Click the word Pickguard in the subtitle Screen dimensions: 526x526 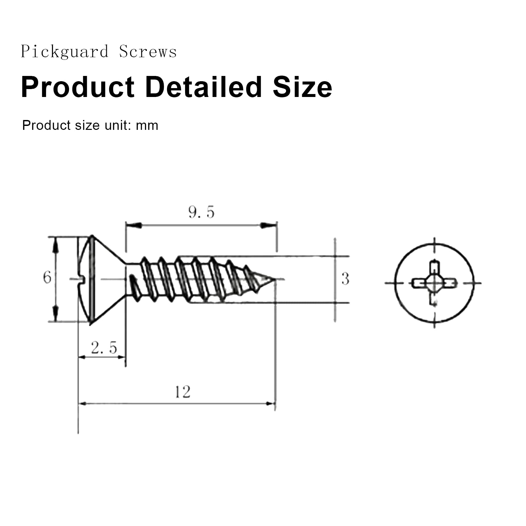tap(64, 52)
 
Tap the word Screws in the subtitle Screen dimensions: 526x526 tap(148, 52)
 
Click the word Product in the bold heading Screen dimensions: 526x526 tap(78, 87)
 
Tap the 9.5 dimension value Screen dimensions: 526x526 tap(201, 212)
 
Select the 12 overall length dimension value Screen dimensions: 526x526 tap(182, 392)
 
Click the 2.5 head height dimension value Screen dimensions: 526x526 tap(104, 348)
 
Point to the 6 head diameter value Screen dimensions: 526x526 tap(47, 277)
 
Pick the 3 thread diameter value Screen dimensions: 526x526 tap(345, 279)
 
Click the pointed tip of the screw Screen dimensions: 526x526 tap(274, 280)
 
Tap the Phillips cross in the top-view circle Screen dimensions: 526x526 tap(434, 282)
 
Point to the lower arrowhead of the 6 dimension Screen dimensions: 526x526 tap(56, 314)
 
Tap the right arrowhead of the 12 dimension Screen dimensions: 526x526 tap(270, 403)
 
